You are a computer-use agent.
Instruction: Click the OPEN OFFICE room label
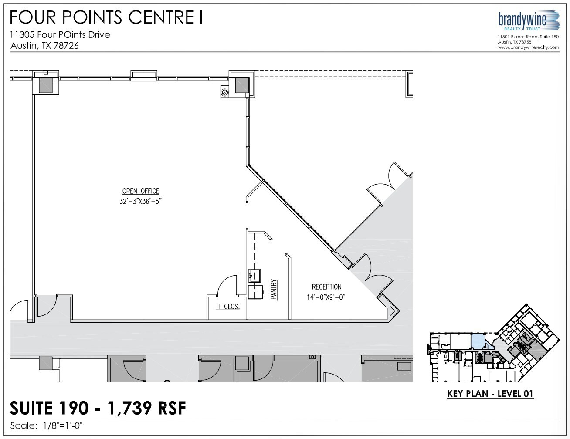[x=140, y=191]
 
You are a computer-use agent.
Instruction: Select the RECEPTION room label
[x=326, y=287]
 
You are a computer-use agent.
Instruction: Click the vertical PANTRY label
[x=274, y=289]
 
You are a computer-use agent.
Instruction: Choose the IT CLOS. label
[x=227, y=307]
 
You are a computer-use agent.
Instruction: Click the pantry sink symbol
[x=254, y=275]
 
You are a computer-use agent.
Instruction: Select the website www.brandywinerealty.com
[x=528, y=47]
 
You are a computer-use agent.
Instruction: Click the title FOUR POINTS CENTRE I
[x=106, y=18]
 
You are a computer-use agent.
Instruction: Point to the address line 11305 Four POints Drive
[x=60, y=35]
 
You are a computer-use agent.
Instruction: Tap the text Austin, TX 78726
[x=44, y=46]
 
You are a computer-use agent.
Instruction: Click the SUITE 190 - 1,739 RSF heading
[x=98, y=408]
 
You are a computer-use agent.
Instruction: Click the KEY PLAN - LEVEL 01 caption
[x=490, y=394]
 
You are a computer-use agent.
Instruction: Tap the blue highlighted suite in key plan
[x=478, y=341]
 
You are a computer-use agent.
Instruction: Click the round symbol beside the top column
[x=225, y=92]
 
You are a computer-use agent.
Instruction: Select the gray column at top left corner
[x=46, y=85]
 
